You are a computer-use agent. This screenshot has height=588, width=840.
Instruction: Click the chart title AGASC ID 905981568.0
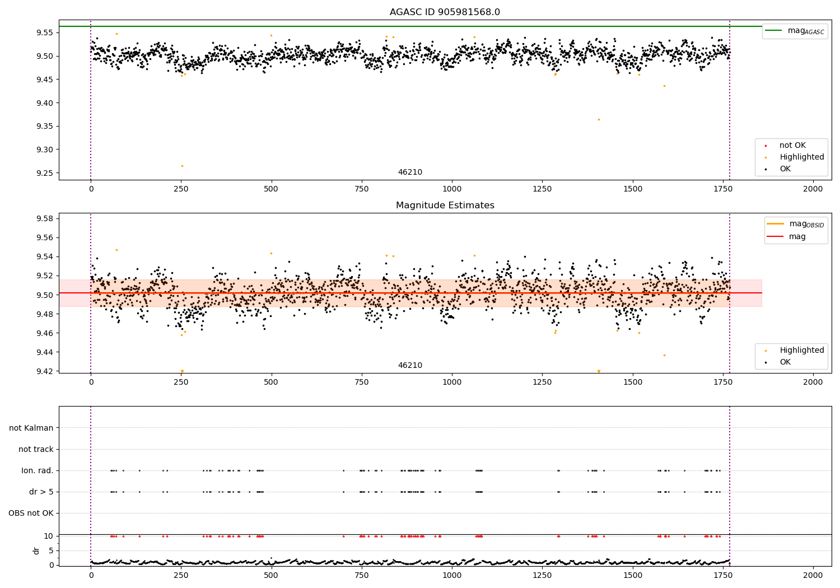click(x=445, y=12)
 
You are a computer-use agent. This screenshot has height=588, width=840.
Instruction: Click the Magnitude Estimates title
click(x=445, y=206)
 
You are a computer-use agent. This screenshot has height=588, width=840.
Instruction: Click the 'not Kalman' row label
click(x=31, y=428)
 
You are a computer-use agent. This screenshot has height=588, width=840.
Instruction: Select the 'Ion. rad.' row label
click(x=38, y=470)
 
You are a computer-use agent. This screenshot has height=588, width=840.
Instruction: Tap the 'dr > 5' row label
click(x=41, y=492)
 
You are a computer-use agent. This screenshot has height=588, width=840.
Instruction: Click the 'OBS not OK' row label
click(x=31, y=513)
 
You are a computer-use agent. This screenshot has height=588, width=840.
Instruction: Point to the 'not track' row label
click(x=36, y=449)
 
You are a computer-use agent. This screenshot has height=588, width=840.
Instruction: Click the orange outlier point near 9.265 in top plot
click(x=182, y=166)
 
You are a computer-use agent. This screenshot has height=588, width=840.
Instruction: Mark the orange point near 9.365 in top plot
click(x=599, y=119)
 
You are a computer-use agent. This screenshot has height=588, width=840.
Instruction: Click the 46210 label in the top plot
click(x=410, y=172)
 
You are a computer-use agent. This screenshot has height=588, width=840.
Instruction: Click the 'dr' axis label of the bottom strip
click(x=36, y=550)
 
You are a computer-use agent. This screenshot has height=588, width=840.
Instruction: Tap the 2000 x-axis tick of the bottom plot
click(x=813, y=575)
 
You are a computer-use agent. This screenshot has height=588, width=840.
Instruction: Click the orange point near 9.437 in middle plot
click(x=665, y=355)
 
